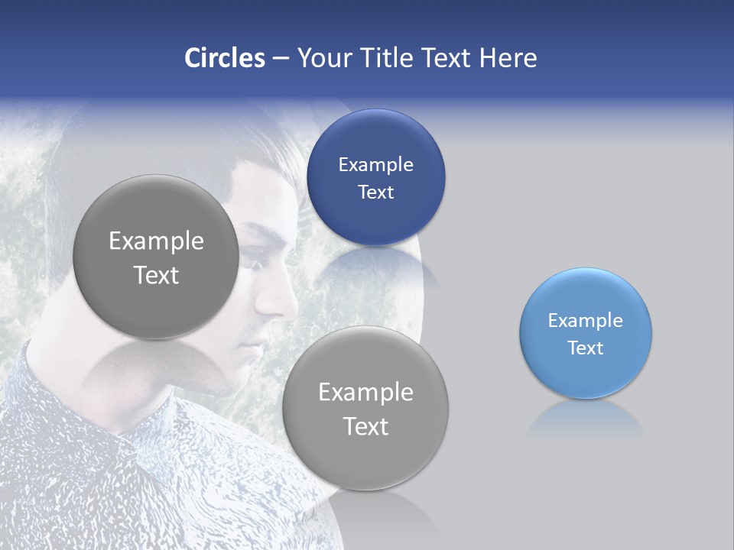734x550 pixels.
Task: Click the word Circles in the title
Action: click(224, 58)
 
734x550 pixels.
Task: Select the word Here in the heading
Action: click(508, 58)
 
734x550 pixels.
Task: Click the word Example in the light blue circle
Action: click(586, 321)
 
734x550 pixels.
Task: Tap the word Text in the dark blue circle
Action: click(375, 192)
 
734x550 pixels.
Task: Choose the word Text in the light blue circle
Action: click(586, 348)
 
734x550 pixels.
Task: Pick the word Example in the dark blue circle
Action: click(375, 165)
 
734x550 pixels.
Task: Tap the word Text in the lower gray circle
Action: click(365, 426)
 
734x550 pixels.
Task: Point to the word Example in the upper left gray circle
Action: click(156, 241)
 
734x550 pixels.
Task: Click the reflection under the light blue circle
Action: click(586, 420)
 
